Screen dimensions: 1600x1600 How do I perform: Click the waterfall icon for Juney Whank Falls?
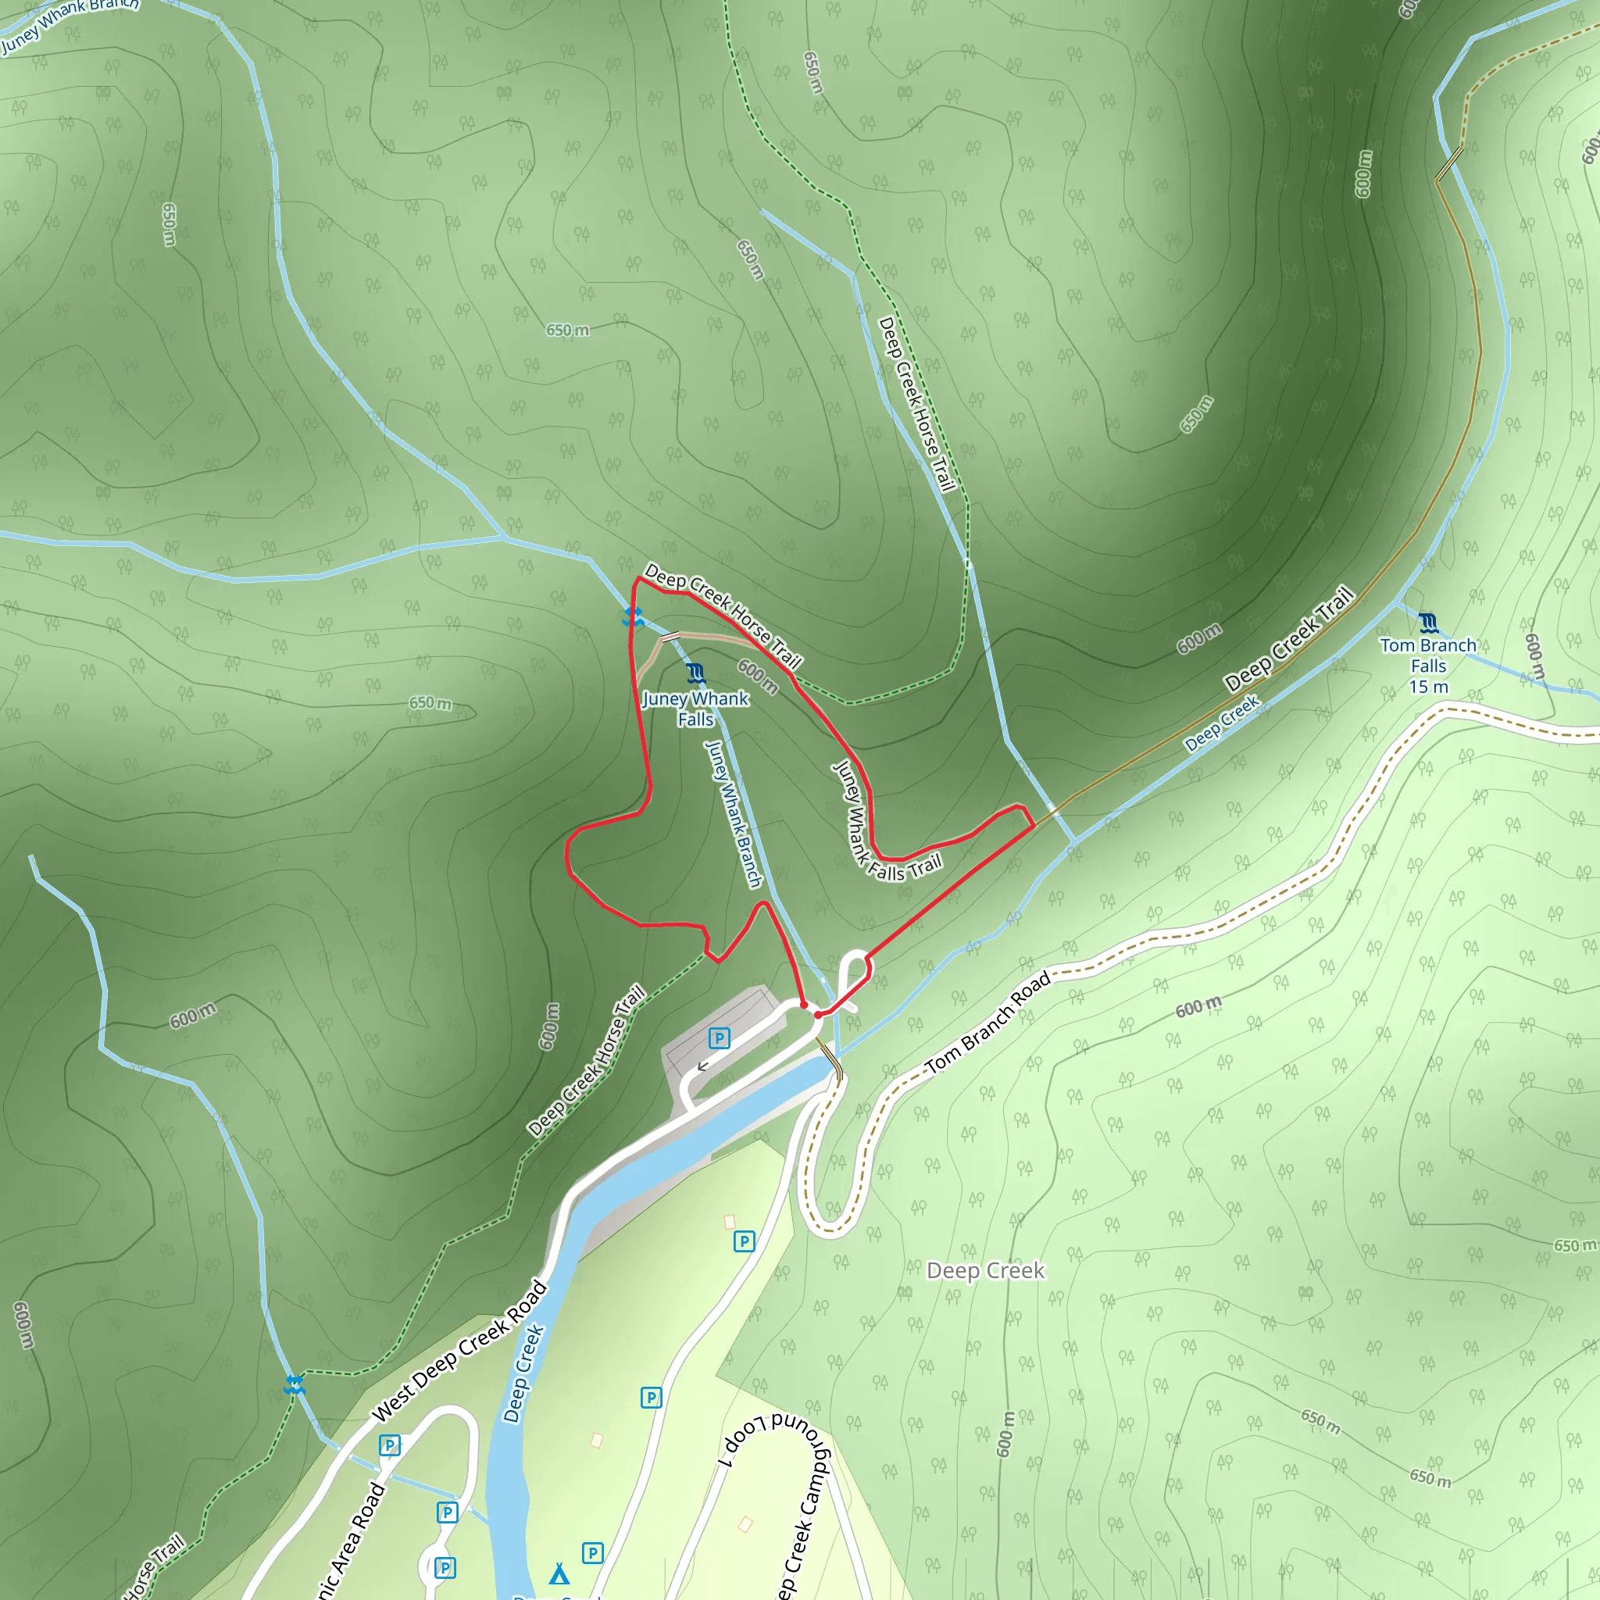695,673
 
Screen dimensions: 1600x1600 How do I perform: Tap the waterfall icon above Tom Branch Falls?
1427,622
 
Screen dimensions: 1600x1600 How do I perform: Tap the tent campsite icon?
560,1573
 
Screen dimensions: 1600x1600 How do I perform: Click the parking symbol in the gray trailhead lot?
719,1037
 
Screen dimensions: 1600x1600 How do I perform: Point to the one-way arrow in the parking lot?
702,1066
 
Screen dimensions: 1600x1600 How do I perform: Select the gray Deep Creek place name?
985,1270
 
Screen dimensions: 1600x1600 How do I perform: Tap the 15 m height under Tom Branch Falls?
1429,687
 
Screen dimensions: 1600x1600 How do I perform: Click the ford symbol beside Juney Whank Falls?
634,617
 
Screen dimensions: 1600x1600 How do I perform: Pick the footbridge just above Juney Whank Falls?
670,637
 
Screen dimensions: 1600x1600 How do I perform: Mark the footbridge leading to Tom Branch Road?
829,1060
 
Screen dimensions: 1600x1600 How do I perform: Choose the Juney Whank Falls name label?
695,709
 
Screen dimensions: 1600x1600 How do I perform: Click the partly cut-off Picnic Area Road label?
353,1541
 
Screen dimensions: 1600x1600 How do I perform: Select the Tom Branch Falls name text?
1429,655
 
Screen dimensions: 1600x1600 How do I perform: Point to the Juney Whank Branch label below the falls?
733,814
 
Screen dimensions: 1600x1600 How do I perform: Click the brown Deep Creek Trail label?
1288,637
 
